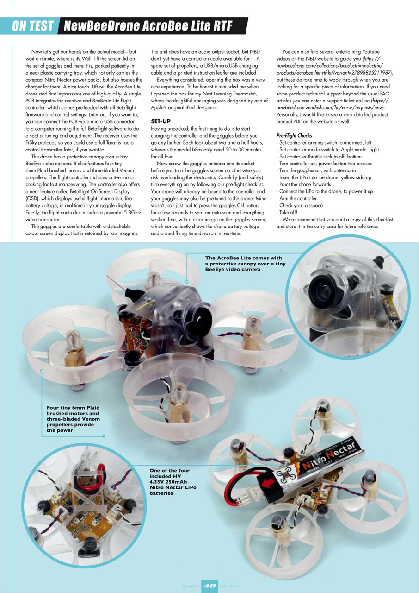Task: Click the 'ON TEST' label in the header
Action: point(33,26)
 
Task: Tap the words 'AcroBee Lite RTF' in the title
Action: point(180,26)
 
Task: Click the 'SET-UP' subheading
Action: point(161,121)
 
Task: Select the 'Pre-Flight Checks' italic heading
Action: point(294,136)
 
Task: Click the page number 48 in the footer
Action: point(209,585)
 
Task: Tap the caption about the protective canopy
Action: point(243,264)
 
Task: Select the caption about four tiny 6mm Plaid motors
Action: point(73,419)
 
